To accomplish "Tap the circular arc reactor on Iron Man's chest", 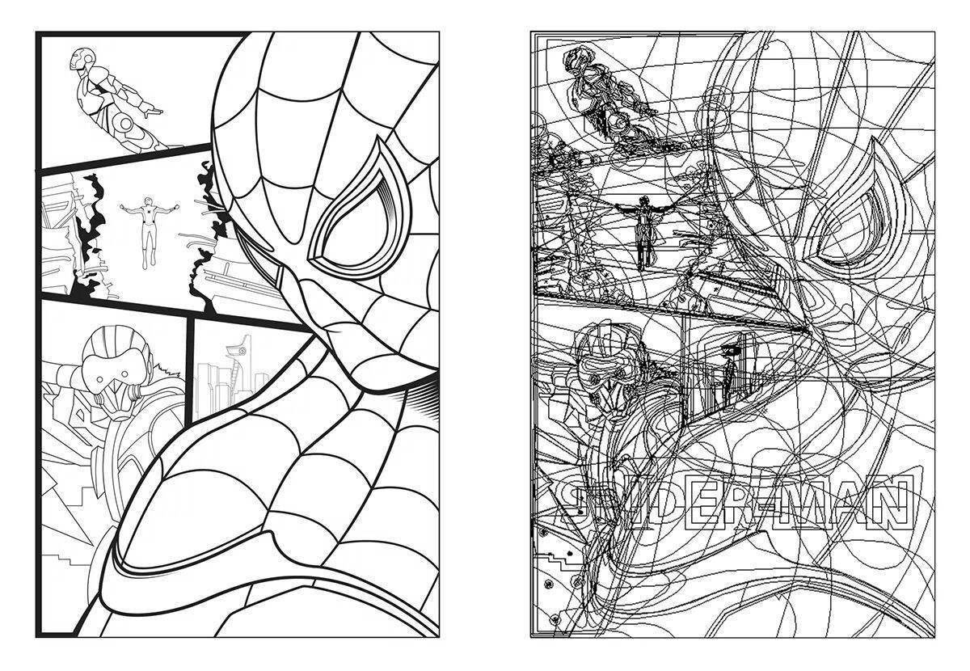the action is click(125, 124).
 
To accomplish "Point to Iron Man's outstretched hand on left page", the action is click(153, 112).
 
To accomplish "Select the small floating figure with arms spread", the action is click(150, 233).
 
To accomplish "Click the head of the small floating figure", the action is click(150, 202).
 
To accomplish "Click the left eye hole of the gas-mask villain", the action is click(100, 379).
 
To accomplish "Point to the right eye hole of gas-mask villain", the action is click(125, 373).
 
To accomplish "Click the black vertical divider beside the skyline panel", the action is click(189, 371).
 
